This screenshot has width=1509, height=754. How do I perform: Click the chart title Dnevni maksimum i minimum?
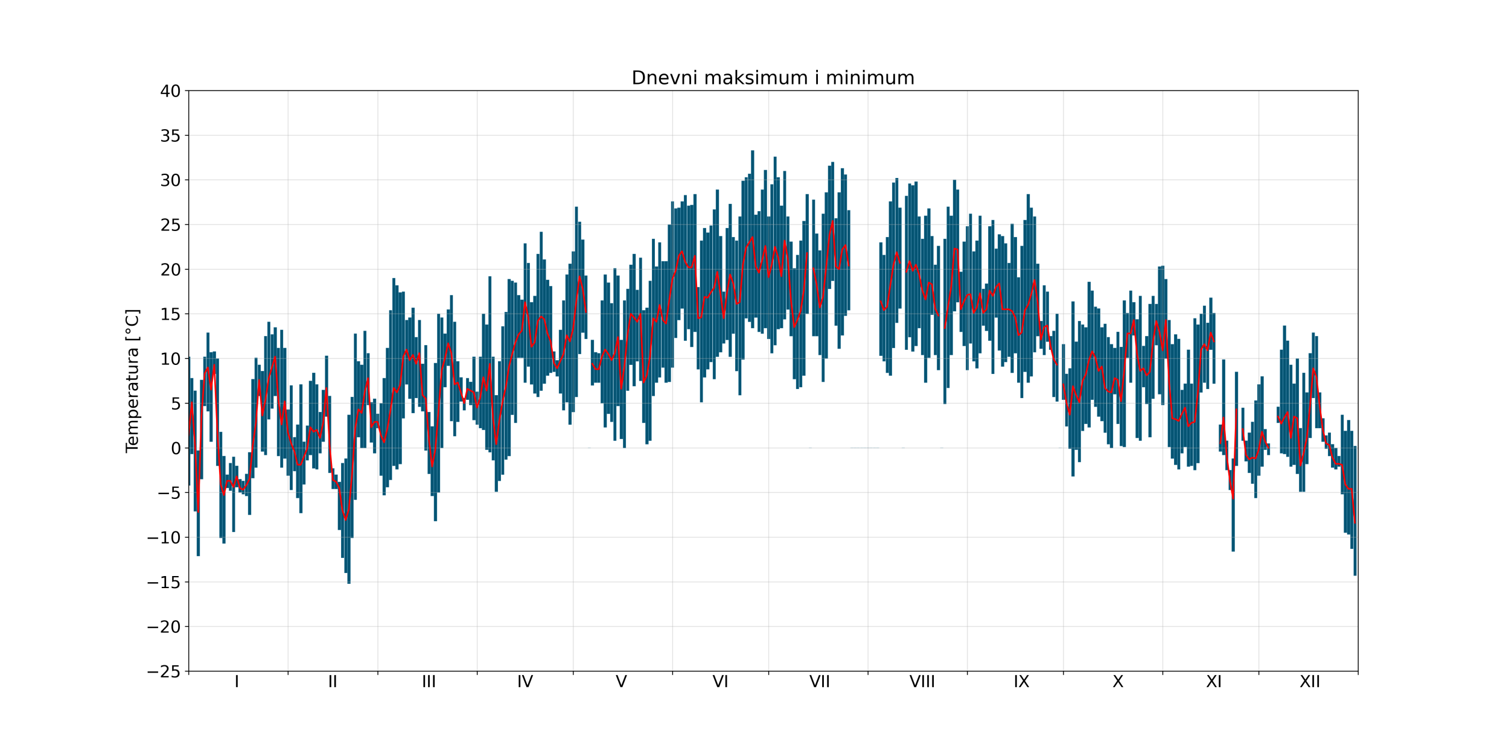coord(773,78)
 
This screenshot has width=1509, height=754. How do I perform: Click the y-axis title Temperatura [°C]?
coord(132,381)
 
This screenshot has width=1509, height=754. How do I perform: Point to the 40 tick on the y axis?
coord(170,91)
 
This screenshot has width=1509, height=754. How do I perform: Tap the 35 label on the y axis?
coord(170,136)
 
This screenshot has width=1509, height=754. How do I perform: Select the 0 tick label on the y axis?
coord(176,448)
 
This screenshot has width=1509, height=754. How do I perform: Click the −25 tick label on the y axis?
coord(164,671)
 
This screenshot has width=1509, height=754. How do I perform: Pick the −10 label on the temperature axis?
coord(164,537)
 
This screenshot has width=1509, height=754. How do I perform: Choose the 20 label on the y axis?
coord(170,270)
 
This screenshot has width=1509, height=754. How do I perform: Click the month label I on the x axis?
coord(237,682)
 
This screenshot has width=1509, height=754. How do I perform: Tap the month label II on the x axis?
coord(333,682)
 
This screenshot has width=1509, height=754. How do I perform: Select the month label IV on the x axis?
coord(525,682)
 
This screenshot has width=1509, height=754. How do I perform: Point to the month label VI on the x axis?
coord(720,682)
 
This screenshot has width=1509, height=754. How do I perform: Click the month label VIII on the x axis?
coord(922,682)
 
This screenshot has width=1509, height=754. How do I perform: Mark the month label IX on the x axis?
coord(1021,682)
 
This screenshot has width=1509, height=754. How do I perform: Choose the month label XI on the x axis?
coord(1214,682)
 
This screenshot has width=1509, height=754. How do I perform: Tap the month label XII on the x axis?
coord(1310,682)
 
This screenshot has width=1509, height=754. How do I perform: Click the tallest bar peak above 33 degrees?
coord(753,152)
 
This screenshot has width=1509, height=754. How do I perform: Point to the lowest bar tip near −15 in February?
coord(349,582)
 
